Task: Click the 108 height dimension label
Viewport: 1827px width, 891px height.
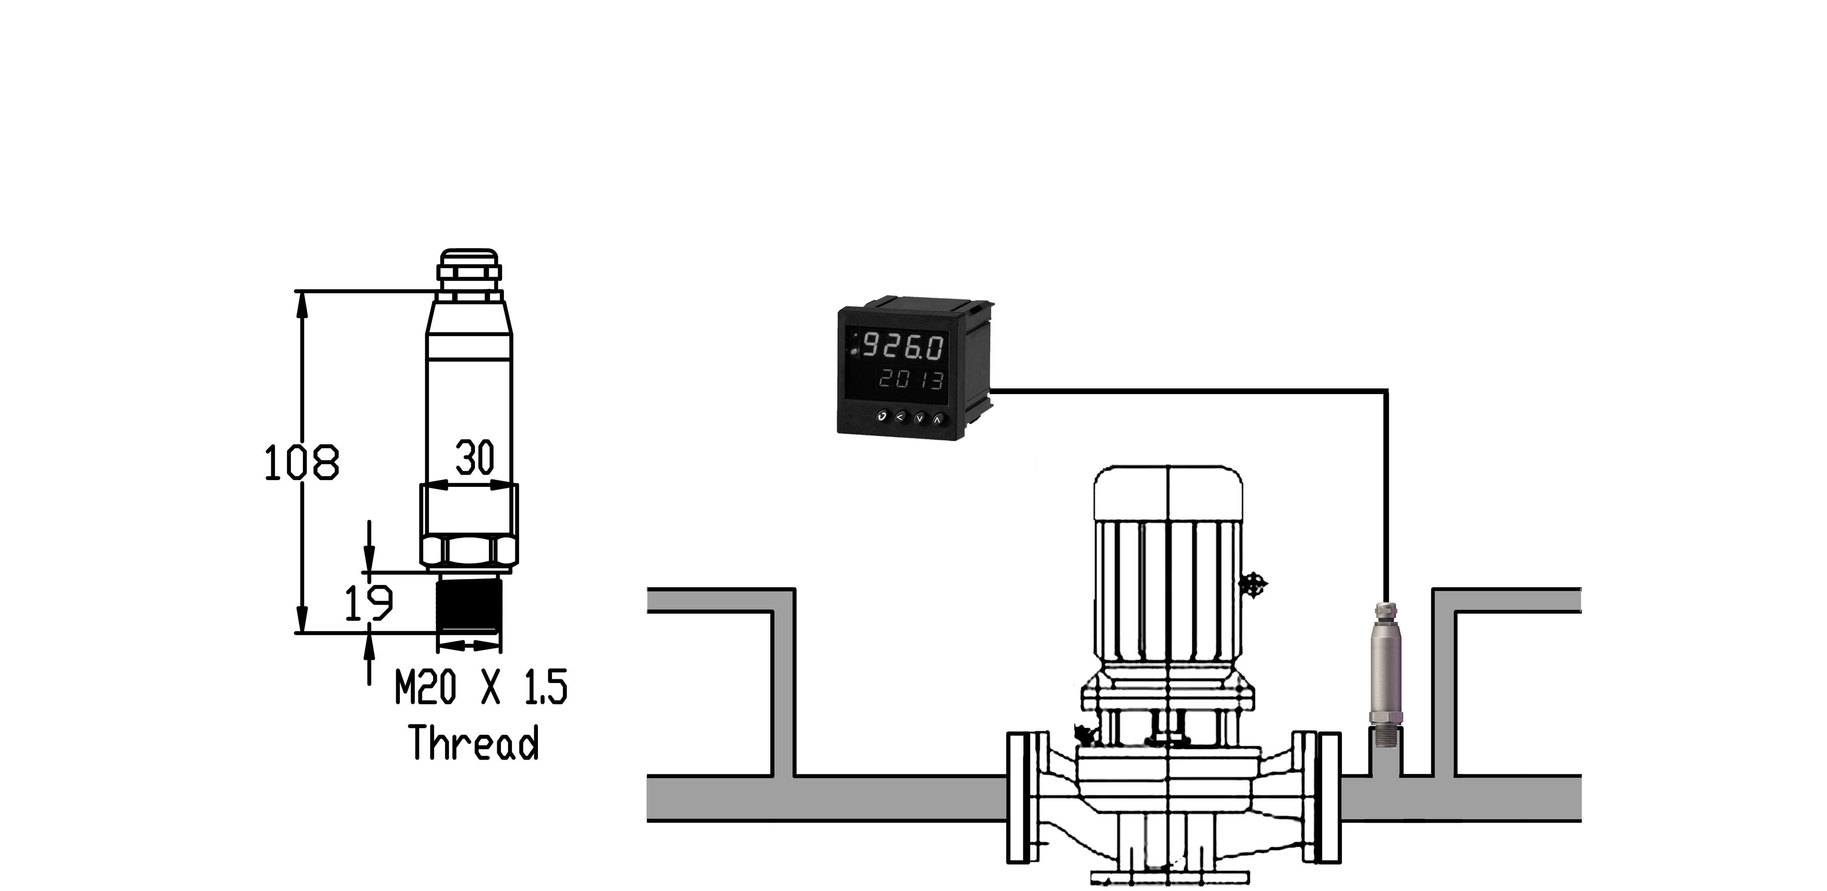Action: [301, 463]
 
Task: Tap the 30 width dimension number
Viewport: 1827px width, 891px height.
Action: [475, 457]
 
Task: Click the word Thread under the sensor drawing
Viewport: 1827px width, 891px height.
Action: [474, 743]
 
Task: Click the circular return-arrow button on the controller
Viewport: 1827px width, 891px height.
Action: [881, 417]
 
